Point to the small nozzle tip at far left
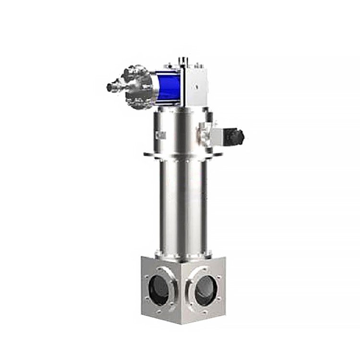(x=110, y=88)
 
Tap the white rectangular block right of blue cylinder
(x=194, y=87)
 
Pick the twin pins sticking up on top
(x=183, y=60)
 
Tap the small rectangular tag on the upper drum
(x=161, y=136)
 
